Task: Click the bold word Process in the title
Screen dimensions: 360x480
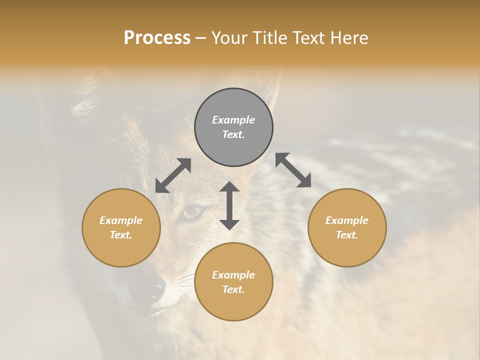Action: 157,38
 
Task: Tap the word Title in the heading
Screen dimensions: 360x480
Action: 270,38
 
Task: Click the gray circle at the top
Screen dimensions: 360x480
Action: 233,127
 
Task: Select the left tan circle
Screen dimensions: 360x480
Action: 121,227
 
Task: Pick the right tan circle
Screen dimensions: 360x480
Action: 347,227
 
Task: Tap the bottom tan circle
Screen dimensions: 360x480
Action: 233,282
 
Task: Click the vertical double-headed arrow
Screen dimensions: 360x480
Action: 229,205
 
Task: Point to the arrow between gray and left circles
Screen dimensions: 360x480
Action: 173,175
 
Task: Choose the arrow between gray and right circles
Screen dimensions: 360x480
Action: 293,170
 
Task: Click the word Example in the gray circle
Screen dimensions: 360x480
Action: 233,120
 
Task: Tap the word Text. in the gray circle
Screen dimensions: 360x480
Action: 233,134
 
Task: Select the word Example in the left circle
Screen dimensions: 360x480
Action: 121,220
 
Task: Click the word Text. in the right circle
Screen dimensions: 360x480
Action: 347,235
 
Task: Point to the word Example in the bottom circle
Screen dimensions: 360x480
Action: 233,275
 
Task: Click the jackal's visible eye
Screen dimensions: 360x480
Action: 193,212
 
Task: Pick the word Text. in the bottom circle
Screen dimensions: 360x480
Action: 233,289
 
